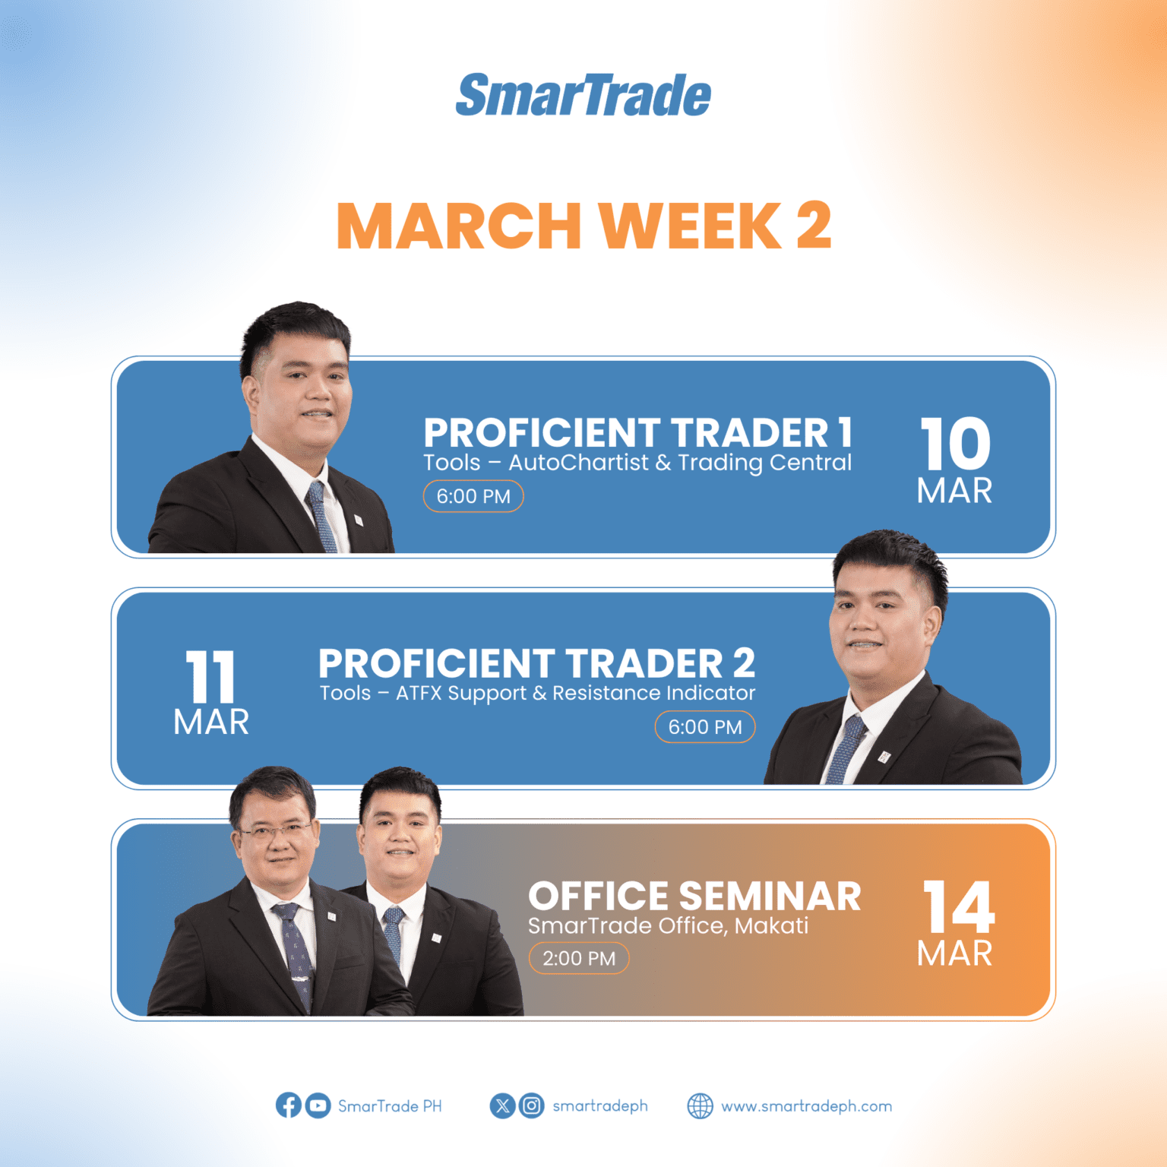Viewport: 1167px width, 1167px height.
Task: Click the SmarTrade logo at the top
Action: pos(583,96)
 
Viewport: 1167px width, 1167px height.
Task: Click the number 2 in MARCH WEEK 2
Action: pos(814,226)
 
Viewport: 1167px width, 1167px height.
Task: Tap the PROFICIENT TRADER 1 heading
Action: pos(637,432)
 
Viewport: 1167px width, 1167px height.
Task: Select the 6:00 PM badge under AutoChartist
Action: pos(473,496)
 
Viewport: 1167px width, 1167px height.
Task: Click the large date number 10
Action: pos(955,444)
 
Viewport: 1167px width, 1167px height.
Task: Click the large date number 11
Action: pos(210,677)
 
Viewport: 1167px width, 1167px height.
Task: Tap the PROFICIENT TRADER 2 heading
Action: pos(536,663)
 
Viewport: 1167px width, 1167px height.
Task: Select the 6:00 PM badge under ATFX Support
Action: pos(704,727)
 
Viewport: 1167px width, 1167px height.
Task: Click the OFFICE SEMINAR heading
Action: pos(694,896)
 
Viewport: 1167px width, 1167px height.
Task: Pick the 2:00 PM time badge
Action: pos(579,958)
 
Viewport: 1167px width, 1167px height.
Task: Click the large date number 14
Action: pos(957,906)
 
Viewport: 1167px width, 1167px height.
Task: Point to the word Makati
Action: pos(771,925)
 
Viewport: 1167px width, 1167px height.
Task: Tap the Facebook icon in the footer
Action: pos(288,1105)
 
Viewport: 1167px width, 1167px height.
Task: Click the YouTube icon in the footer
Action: pos(318,1105)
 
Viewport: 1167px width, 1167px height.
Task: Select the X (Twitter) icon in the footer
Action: pos(502,1105)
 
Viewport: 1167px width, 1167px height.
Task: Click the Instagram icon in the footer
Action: pos(532,1105)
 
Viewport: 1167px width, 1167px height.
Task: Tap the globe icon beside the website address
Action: pos(700,1106)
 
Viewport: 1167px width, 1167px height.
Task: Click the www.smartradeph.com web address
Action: pos(806,1106)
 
